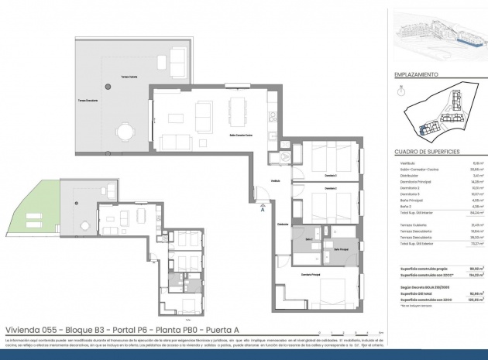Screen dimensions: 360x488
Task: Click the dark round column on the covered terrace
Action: coord(105,87)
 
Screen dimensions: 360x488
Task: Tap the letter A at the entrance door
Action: coord(263,208)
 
